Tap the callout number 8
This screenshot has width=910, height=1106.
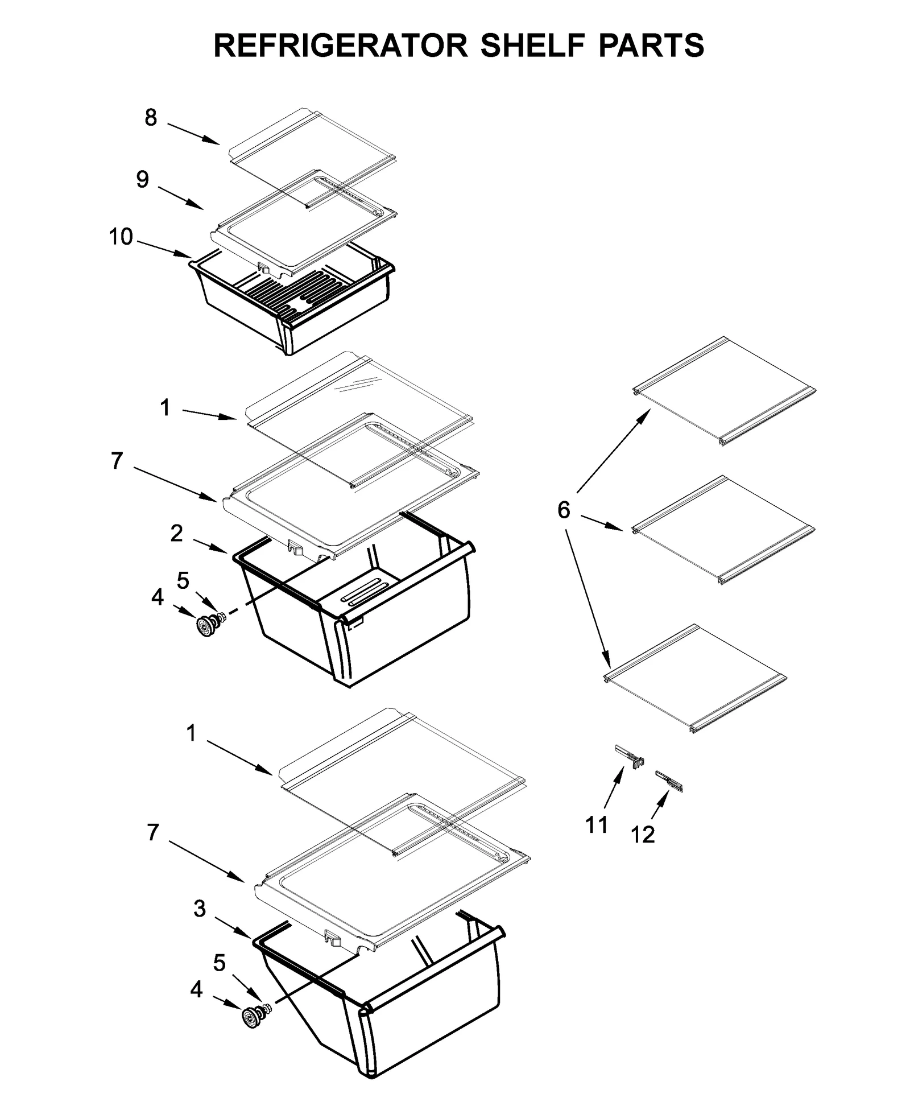pos(150,118)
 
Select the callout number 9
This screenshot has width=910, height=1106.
pos(142,179)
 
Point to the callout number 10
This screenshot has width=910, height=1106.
pos(121,237)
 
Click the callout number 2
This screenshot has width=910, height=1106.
pos(176,533)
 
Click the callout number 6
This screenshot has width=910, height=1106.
pos(563,510)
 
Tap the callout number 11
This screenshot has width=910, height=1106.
pos(597,824)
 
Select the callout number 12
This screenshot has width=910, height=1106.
pos(643,835)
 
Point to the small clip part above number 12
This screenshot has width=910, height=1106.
pos(669,781)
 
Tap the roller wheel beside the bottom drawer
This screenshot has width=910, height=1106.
pos(250,1018)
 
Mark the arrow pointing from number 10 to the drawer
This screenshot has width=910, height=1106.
pos(165,249)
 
